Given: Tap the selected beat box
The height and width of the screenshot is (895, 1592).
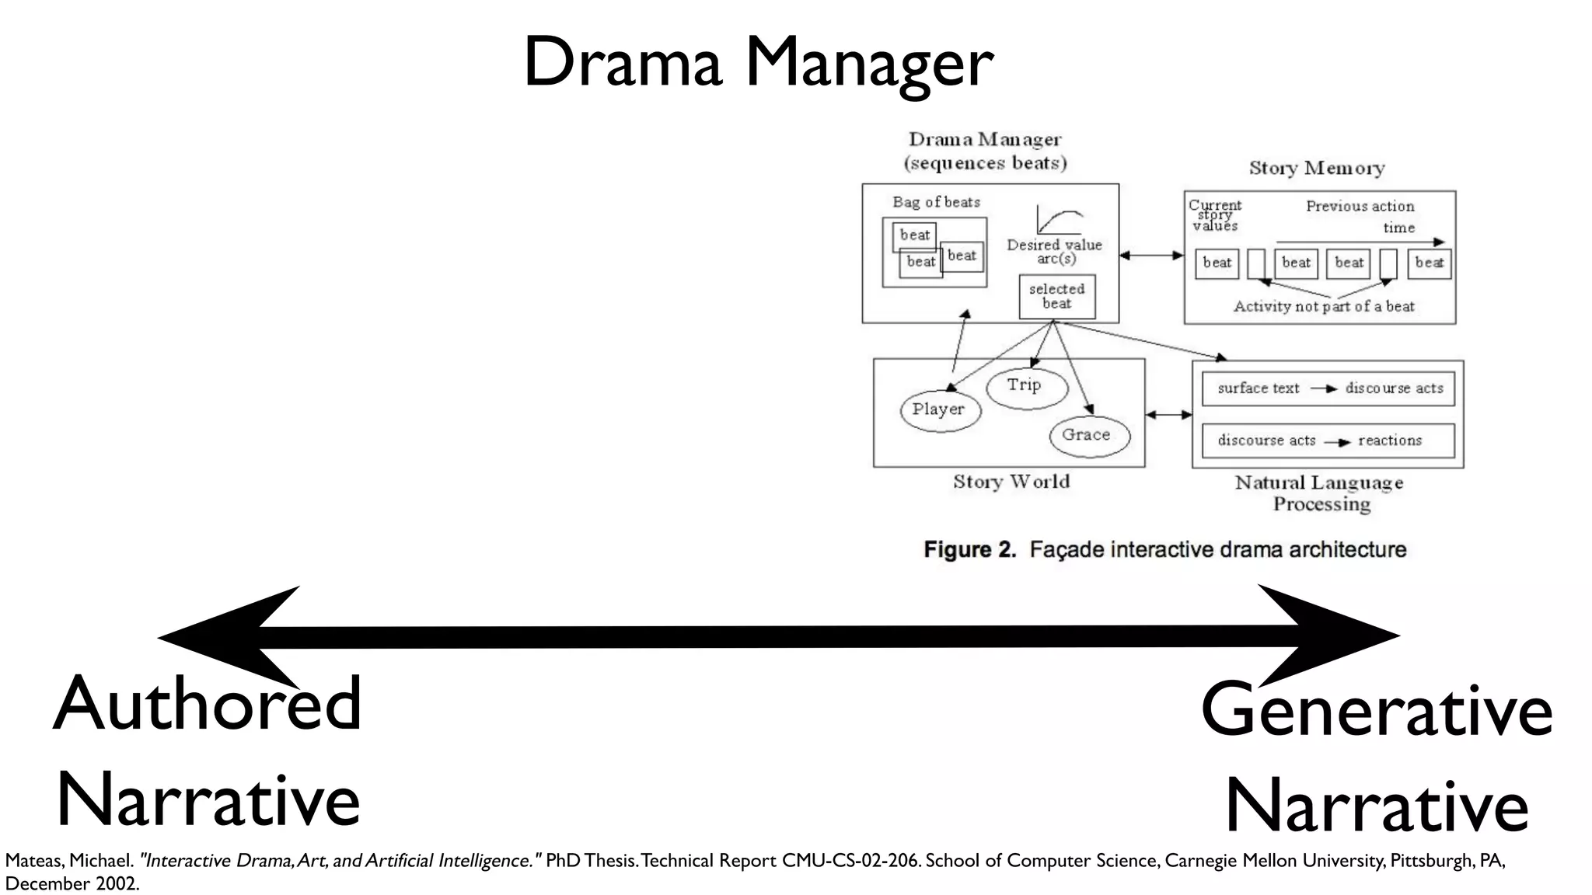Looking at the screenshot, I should click(x=1056, y=296).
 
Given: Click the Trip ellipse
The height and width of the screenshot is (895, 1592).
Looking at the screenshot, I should click(x=1026, y=386).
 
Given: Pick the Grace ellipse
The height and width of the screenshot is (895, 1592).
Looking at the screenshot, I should click(x=1088, y=435).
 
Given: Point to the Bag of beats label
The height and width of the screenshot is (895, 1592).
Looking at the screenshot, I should click(x=936, y=202).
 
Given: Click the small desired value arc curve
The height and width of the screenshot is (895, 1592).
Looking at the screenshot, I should click(x=1059, y=221).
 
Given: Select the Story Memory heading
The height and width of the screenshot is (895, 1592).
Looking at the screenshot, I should click(x=1316, y=168).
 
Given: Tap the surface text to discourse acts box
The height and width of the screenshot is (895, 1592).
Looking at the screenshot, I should click(x=1328, y=388).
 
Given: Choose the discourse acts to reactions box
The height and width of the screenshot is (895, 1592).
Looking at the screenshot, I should click(x=1328, y=441).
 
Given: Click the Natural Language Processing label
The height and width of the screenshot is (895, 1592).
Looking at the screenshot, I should click(x=1319, y=493).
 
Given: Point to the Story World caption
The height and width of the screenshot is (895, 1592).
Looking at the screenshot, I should click(x=1011, y=482).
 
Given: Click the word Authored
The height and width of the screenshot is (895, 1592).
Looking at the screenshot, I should click(x=208, y=704).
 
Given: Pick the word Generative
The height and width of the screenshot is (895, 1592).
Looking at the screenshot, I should click(x=1376, y=710).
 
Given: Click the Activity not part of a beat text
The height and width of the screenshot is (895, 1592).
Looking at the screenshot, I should click(x=1323, y=307).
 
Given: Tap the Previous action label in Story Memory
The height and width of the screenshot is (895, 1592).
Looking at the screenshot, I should click(x=1359, y=207).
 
